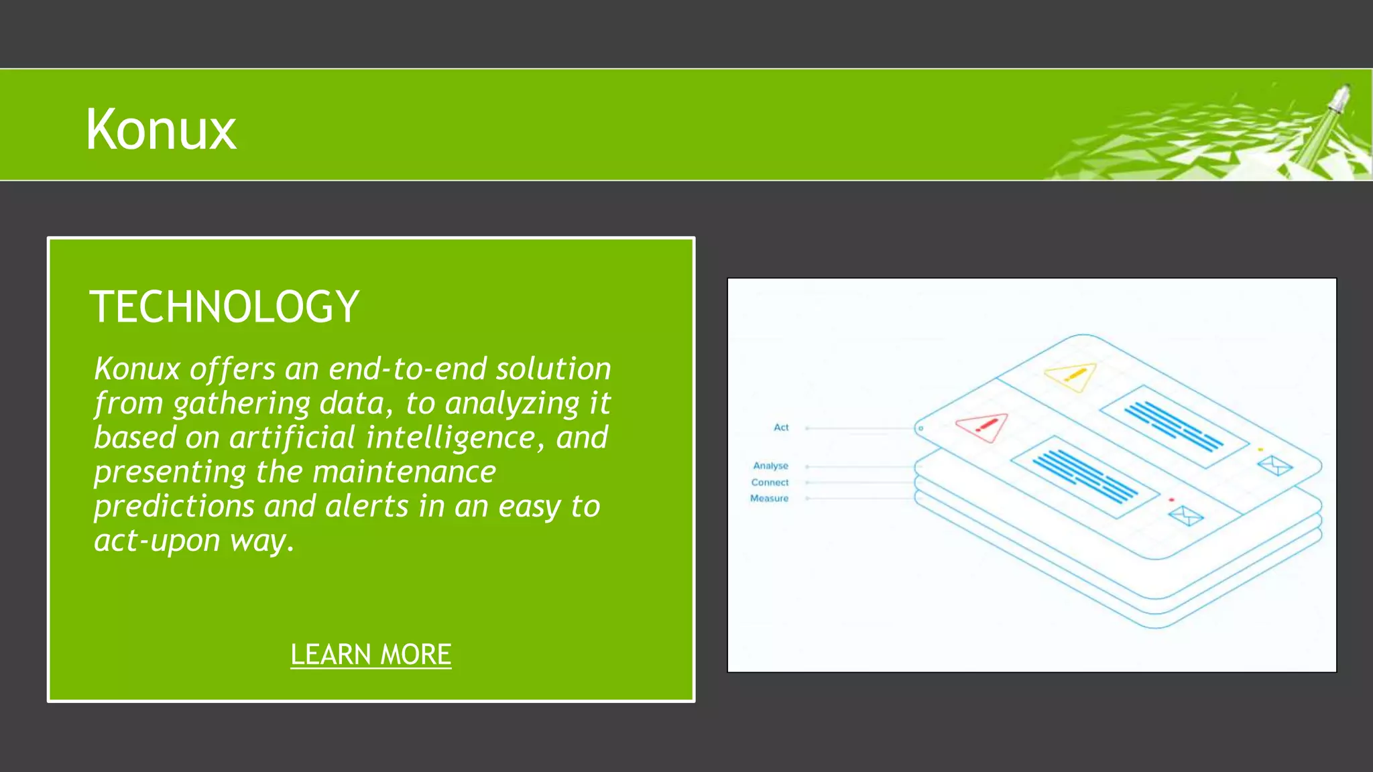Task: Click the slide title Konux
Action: pos(161,129)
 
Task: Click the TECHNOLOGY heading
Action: pos(224,307)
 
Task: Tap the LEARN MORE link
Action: pos(371,654)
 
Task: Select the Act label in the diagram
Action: pos(781,428)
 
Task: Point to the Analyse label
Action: pos(770,466)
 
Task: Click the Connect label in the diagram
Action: pos(770,482)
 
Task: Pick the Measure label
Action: pos(769,499)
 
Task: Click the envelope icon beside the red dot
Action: pos(1185,515)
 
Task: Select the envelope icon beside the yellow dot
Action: pos(1274,464)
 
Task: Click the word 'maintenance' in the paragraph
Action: pos(404,472)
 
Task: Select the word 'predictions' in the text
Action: pos(174,506)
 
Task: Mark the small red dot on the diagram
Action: pos(1171,500)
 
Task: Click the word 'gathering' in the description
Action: pos(241,403)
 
